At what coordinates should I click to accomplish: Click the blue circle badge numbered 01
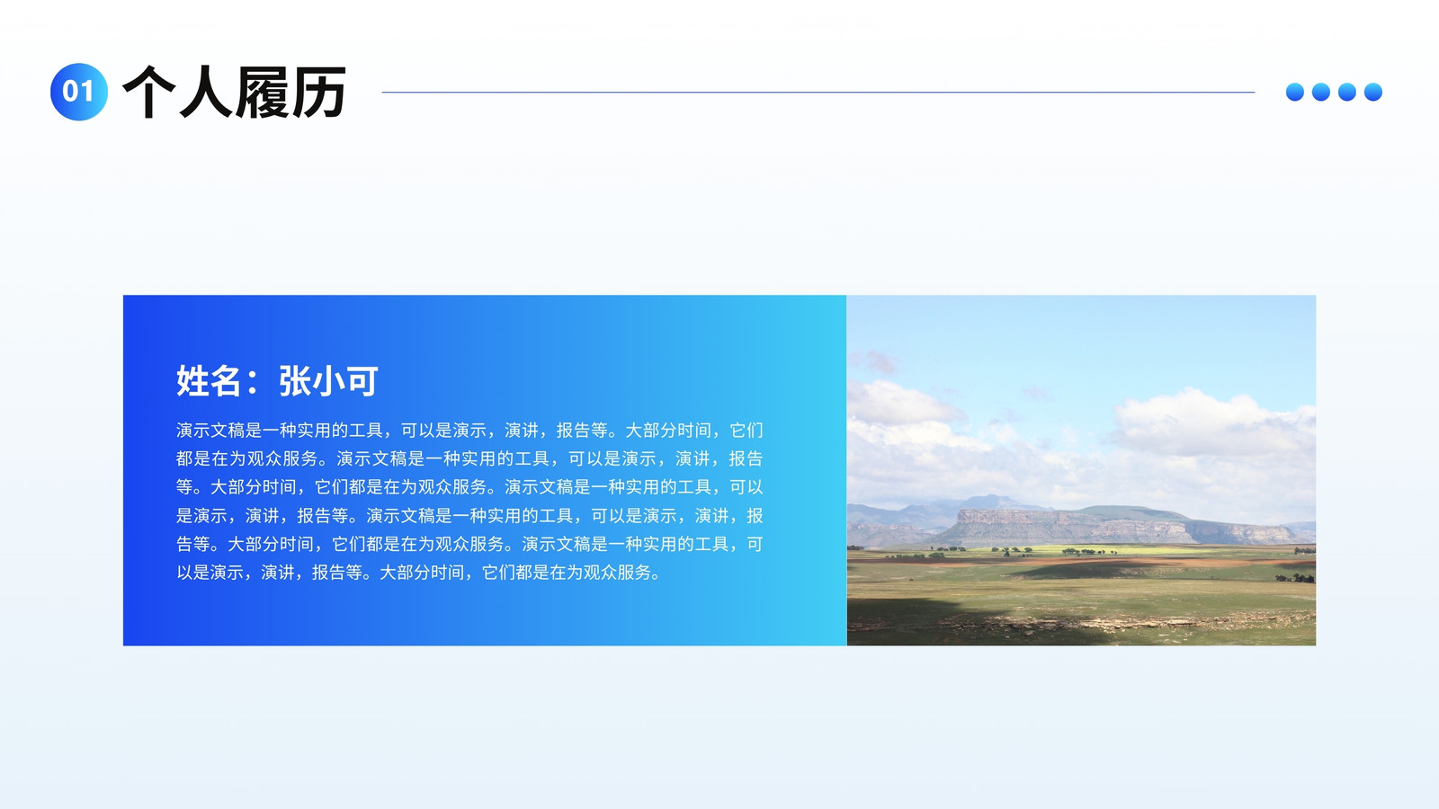pos(79,92)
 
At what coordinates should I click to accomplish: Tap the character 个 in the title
pos(149,92)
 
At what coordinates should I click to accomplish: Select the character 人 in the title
pos(206,92)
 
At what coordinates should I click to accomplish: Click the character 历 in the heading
pos(318,92)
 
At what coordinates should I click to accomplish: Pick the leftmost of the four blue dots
pos(1295,92)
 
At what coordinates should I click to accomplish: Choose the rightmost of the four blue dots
pos(1372,92)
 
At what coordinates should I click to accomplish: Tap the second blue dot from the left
pos(1321,92)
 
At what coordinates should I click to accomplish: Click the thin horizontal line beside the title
pos(818,92)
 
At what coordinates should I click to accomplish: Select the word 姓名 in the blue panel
pos(208,381)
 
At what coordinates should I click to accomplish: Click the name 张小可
pos(328,381)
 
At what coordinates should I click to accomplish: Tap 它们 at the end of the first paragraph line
pos(746,431)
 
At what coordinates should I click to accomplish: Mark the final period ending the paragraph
pos(656,574)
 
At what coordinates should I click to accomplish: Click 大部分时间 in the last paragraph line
pos(422,572)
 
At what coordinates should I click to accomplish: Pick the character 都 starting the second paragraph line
pos(184,458)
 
